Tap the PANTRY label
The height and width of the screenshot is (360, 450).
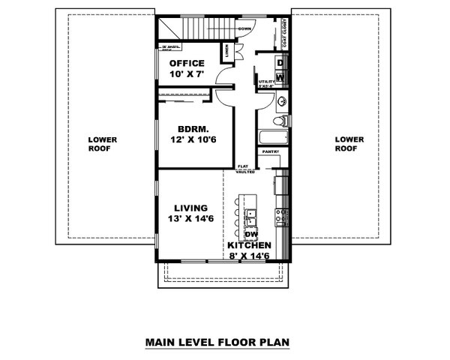pos(270,153)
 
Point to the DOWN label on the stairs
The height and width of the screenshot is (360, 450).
pos(244,28)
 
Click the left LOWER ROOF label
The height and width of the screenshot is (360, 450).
pos(100,143)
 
